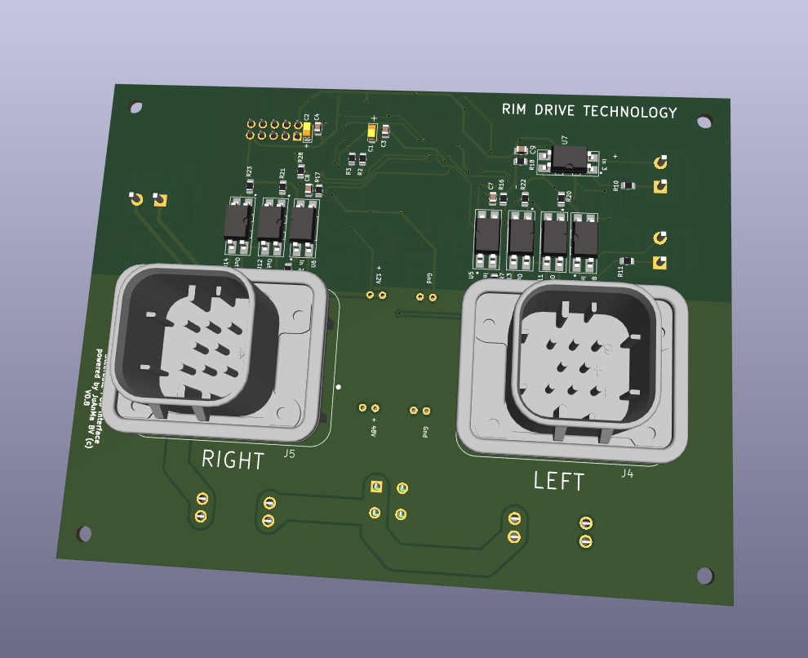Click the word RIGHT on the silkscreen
(x=233, y=460)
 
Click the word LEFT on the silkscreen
(x=559, y=481)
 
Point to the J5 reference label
(x=289, y=455)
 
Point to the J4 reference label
(x=627, y=473)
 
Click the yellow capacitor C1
(x=372, y=132)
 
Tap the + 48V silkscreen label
(x=374, y=428)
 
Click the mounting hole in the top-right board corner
(x=703, y=122)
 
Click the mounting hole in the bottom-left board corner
(x=83, y=534)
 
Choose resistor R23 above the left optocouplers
(x=249, y=184)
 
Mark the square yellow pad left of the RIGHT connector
(x=160, y=199)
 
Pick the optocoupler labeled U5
(x=487, y=233)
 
